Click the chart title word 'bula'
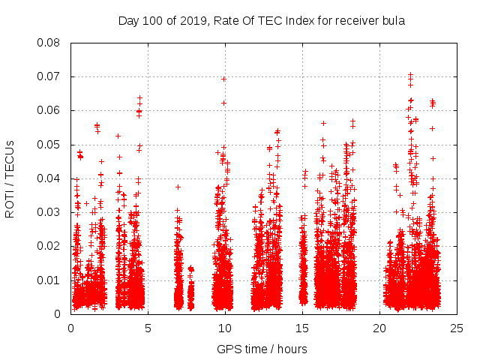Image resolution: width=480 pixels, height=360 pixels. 392,21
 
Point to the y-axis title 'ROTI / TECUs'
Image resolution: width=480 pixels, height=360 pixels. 10,178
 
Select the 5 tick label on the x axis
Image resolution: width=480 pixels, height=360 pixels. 148,328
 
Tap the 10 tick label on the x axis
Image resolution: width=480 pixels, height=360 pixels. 225,328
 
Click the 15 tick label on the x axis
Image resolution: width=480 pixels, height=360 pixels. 302,328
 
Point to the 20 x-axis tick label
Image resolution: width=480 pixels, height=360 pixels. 379,328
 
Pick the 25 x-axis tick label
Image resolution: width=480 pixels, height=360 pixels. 457,328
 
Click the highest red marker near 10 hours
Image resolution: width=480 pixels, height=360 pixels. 223,79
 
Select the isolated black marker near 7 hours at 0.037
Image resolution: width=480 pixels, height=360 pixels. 178,187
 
